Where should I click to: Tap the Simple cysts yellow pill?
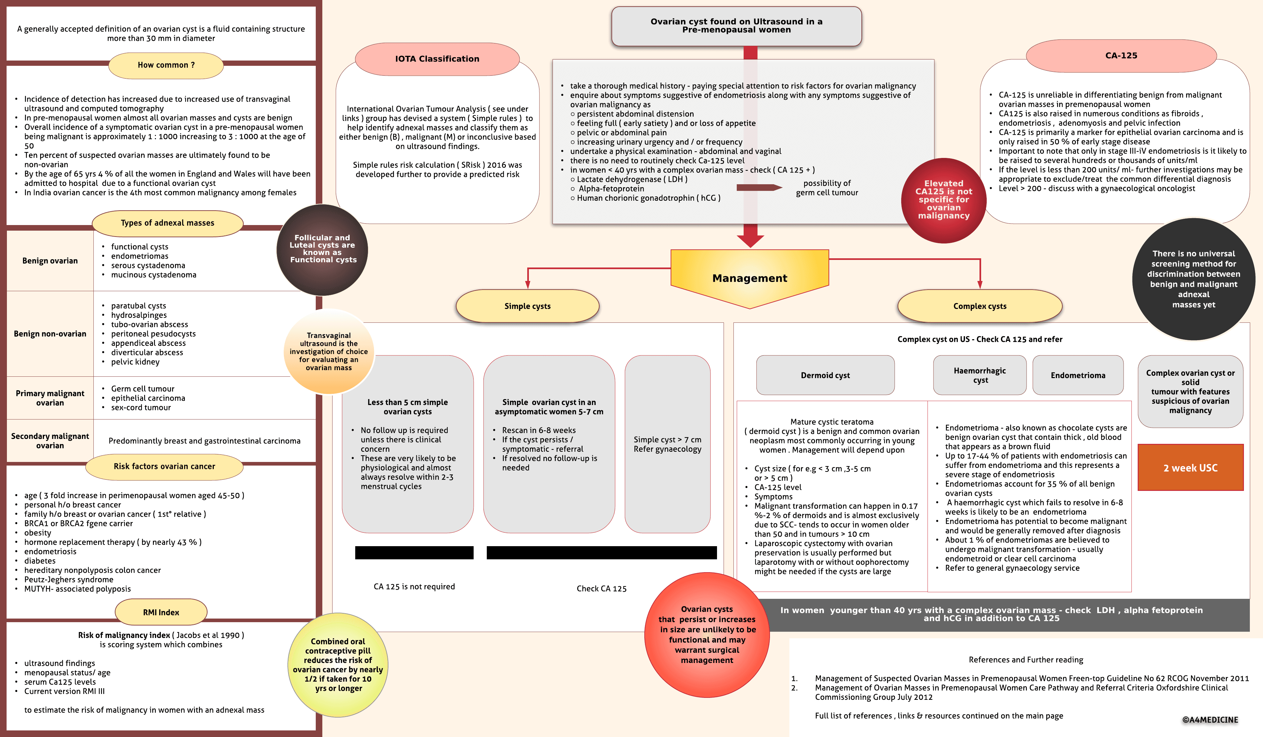(x=527, y=306)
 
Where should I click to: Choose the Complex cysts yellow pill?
(x=979, y=306)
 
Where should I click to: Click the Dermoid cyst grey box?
(x=825, y=375)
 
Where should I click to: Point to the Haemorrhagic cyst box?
(x=979, y=375)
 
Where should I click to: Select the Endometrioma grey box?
(x=1077, y=375)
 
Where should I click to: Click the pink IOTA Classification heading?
(x=437, y=59)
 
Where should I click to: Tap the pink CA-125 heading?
(x=1121, y=56)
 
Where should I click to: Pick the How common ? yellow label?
(x=166, y=65)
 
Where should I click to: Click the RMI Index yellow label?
(x=161, y=612)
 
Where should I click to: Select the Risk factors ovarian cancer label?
(x=164, y=466)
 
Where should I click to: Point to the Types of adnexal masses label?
(x=167, y=223)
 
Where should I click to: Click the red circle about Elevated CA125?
(x=943, y=200)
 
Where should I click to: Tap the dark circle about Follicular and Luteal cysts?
(x=322, y=249)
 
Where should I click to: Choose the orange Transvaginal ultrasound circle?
(x=329, y=351)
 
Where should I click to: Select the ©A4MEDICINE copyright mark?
(x=1210, y=720)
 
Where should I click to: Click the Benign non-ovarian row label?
(x=50, y=334)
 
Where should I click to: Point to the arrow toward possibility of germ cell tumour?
(x=759, y=188)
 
